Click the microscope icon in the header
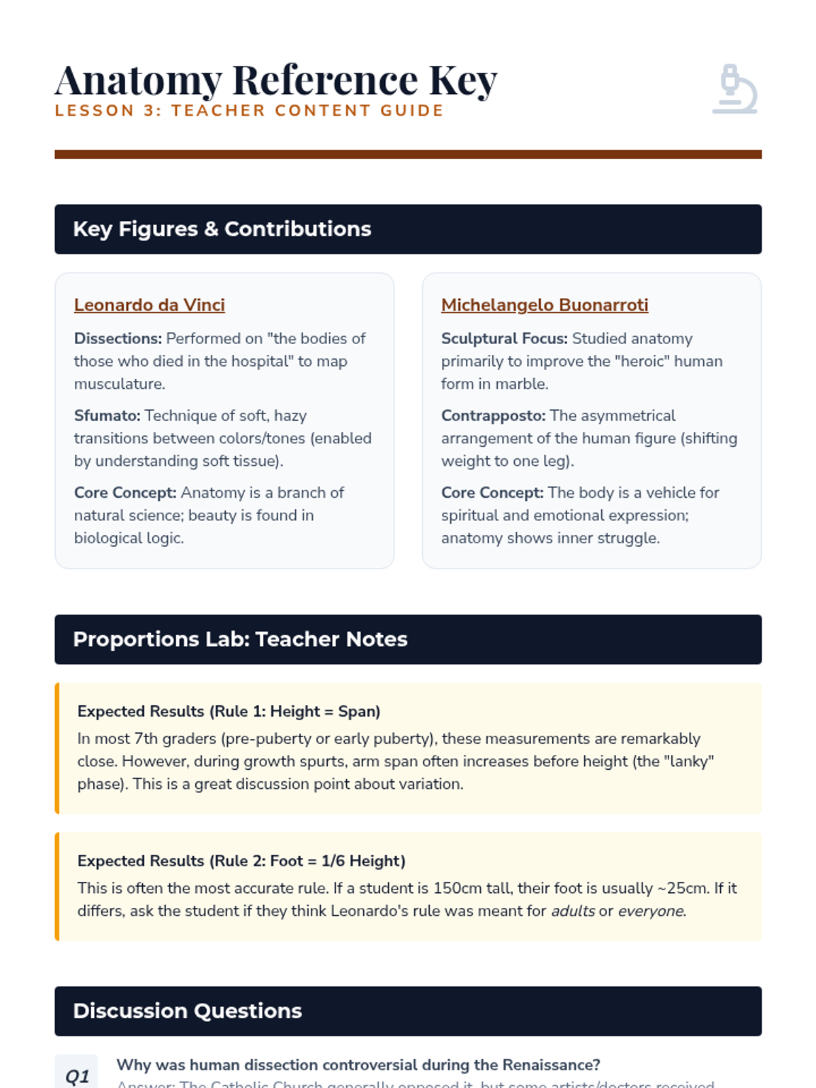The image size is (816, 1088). [735, 89]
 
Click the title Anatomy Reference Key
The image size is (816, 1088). [276, 80]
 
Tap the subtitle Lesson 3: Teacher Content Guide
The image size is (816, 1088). [249, 111]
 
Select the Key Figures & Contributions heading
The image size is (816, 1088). [222, 229]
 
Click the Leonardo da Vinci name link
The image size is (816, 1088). [149, 305]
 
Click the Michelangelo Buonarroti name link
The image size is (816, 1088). [544, 305]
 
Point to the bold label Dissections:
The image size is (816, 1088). [118, 339]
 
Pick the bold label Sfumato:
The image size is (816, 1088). [107, 415]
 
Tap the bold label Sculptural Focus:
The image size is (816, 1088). [504, 339]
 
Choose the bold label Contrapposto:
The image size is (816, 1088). [493, 415]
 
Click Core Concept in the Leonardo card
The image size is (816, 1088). [125, 492]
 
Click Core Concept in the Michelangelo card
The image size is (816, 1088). [492, 492]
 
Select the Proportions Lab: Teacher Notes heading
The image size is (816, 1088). [240, 639]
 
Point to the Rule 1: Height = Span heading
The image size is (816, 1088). [228, 711]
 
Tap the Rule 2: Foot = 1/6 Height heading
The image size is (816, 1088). [241, 861]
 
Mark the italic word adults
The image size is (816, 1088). [573, 911]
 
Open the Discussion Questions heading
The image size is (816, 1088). [187, 1011]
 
